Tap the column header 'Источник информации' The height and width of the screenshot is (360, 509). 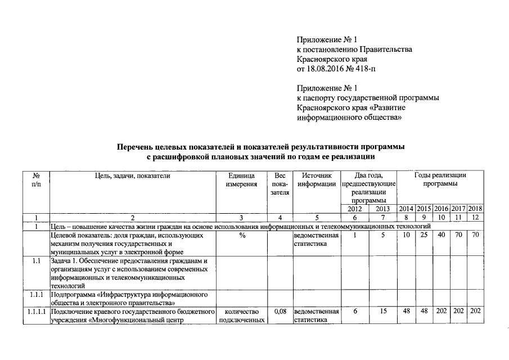[317, 180]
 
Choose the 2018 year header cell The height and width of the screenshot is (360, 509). [475, 209]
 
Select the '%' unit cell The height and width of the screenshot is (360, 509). [242, 235]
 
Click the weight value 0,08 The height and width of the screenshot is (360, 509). [280, 311]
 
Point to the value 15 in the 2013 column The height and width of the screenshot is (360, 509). [382, 311]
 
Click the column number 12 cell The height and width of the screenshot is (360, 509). [475, 218]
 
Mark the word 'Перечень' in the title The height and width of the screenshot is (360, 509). [134, 147]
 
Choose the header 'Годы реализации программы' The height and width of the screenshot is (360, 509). [440, 180]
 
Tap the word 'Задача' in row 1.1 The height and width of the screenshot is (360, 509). [62, 261]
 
